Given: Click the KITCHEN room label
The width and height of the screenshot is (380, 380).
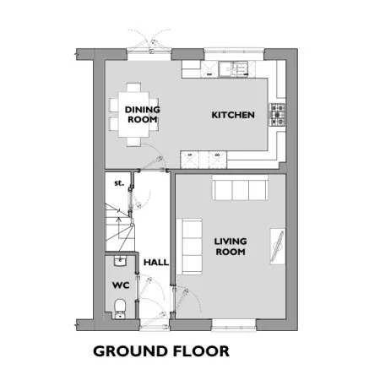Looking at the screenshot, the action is point(233,115).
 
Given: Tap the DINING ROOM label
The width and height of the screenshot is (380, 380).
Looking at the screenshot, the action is point(143,114).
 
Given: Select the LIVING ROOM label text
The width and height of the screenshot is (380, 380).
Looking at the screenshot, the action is point(231,247).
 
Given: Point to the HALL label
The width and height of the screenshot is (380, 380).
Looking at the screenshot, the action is point(156,263).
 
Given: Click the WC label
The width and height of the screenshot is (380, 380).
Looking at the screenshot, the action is point(121,285).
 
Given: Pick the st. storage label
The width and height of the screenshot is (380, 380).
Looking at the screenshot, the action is point(119,183).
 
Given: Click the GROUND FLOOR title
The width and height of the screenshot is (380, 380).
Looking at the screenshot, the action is point(161,351).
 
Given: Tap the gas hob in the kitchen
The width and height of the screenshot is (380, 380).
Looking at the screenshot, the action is point(277,115).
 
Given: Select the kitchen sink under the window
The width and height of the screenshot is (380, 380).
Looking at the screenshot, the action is point(233,69).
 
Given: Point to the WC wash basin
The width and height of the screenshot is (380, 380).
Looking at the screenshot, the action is point(121,261).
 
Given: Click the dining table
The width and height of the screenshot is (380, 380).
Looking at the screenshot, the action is point(133,115).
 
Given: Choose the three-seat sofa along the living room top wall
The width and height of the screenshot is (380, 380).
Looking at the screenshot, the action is point(240,187).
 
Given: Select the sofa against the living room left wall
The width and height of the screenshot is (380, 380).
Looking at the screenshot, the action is point(189,247).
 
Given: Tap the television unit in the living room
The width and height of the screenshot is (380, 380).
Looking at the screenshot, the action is point(278,247).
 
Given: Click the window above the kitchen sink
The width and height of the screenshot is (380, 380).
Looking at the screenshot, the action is point(234,52).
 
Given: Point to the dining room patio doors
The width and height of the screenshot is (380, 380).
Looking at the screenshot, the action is point(149,51).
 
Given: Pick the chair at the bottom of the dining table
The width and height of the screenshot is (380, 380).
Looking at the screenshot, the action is point(133,142).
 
